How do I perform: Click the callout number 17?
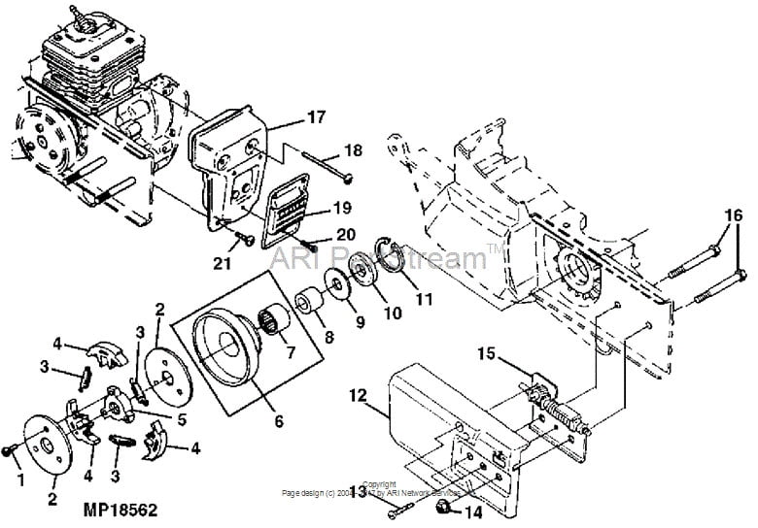click(x=316, y=117)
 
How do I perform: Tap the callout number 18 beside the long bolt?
click(x=352, y=151)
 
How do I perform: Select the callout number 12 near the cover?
click(x=359, y=396)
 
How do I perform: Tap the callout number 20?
click(x=346, y=234)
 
